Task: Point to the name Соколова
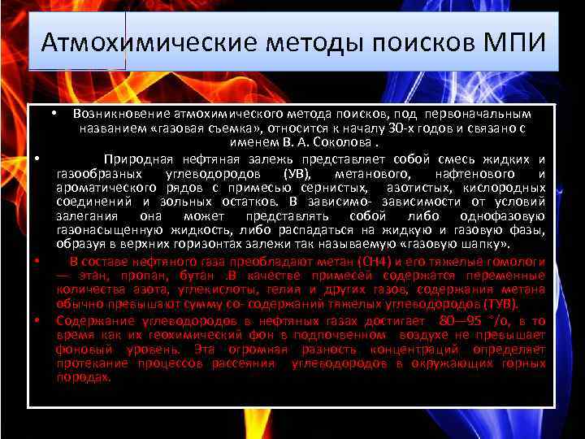(326, 143)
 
